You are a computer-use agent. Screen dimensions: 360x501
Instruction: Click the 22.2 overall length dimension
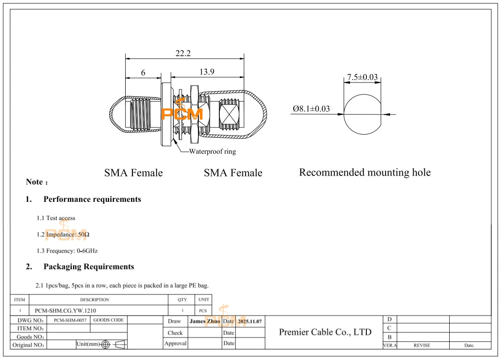tap(183, 53)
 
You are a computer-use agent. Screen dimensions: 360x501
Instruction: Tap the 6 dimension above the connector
tap(143, 73)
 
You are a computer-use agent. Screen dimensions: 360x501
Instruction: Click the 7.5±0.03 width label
tap(362, 78)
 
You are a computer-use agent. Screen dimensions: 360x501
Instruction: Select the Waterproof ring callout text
tap(212, 151)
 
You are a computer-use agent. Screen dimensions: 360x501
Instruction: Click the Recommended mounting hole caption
tap(365, 172)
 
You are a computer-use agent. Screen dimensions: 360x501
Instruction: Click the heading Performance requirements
tap(92, 199)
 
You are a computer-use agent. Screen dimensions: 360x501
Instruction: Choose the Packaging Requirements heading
tap(89, 266)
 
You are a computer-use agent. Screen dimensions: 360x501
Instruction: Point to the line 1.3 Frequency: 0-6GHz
tap(67, 251)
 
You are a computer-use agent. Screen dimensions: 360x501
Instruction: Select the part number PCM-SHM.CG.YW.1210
tap(66, 311)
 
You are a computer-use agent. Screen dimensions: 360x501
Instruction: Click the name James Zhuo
tap(205, 321)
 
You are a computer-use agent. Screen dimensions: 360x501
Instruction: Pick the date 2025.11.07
tap(250, 321)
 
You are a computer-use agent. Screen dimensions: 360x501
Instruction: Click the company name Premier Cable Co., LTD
tap(325, 332)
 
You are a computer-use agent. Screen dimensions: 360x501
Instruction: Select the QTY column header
tap(182, 300)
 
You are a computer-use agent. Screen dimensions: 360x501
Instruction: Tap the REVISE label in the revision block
tap(422, 345)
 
